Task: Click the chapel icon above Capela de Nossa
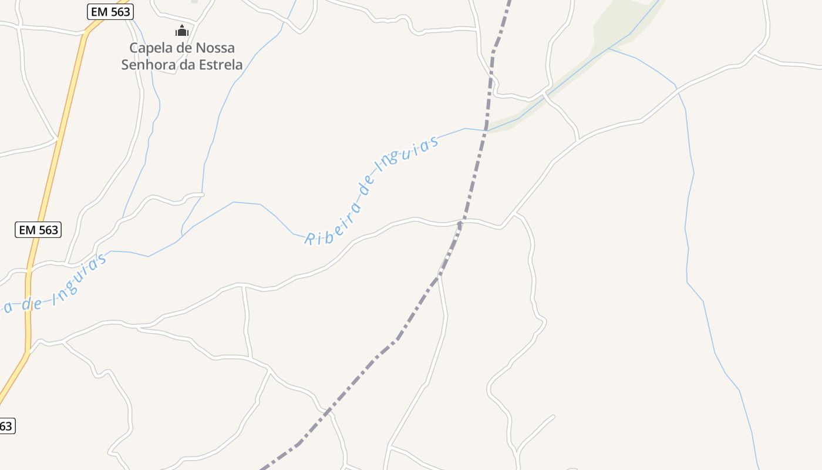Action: (182, 31)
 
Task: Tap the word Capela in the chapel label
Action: (148, 48)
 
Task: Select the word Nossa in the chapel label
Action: (215, 48)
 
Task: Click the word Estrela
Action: (220, 65)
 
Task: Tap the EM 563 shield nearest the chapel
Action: (111, 11)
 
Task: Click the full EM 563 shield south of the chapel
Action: (38, 230)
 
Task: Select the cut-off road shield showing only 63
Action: (6, 426)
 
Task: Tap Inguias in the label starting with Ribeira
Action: (408, 154)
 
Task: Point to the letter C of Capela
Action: (134, 48)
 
